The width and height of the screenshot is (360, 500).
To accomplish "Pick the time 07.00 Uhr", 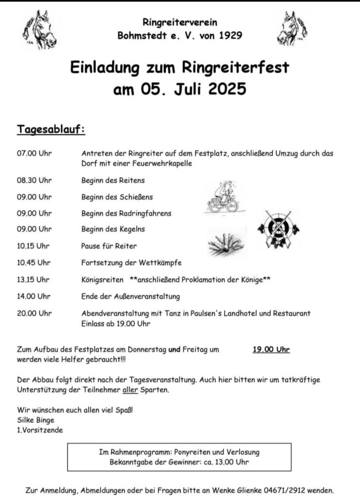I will (x=34, y=153).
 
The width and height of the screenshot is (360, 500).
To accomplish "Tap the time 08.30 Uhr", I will (x=34, y=181).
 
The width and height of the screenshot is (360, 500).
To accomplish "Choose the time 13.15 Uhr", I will (x=33, y=280).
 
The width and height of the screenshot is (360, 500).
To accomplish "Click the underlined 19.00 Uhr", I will (x=271, y=349).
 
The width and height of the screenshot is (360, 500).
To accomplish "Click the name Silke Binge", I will (x=36, y=420).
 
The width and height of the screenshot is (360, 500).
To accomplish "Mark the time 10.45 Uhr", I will (x=34, y=263).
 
